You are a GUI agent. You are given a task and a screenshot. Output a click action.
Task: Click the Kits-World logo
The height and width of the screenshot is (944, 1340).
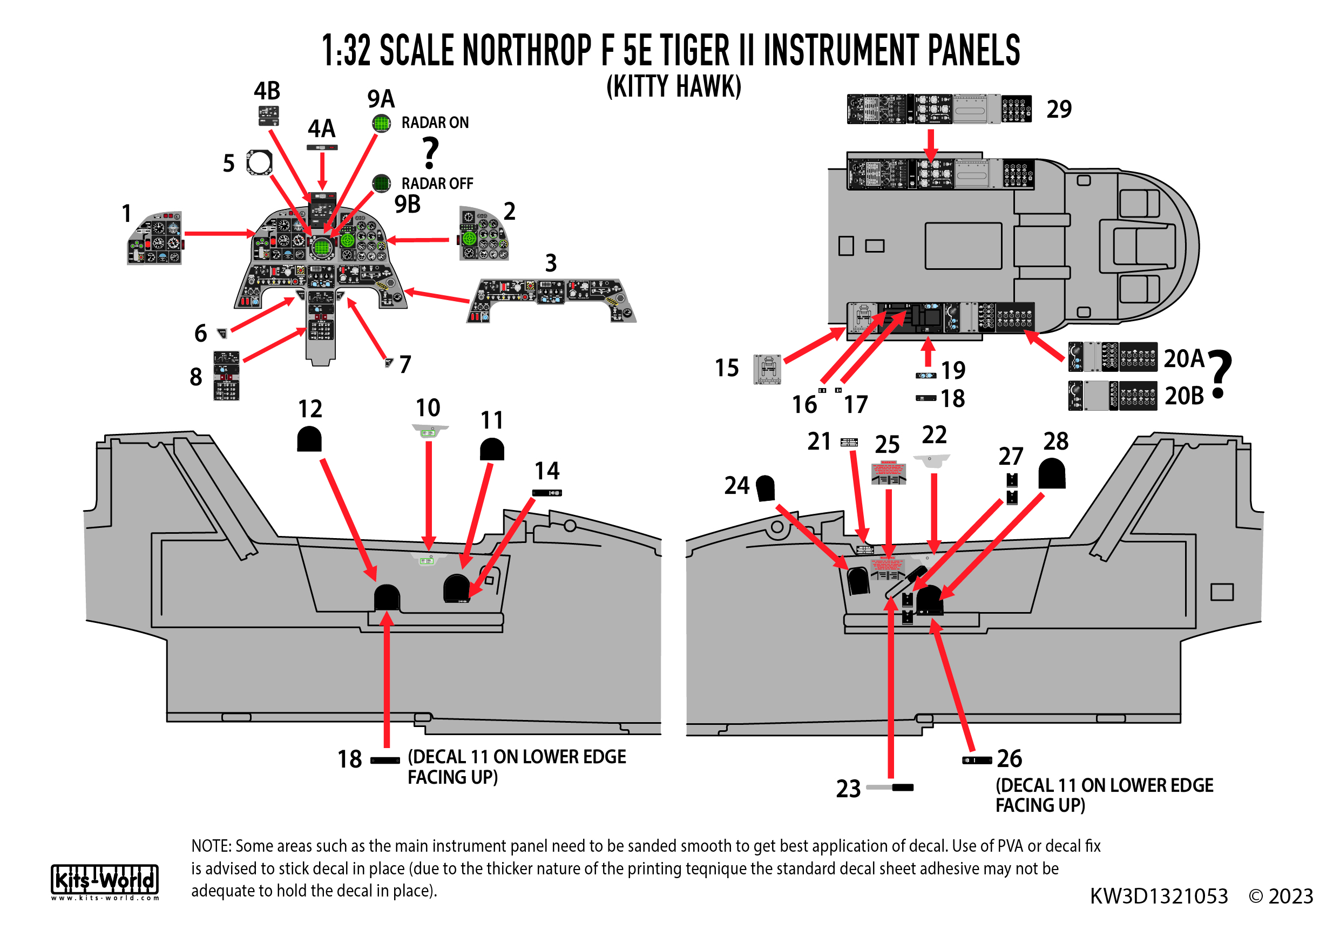click(x=105, y=881)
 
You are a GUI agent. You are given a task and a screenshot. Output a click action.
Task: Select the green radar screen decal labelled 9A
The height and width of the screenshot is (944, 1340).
click(x=381, y=123)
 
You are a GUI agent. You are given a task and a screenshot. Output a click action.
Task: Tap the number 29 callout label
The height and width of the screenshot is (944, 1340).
click(x=1059, y=109)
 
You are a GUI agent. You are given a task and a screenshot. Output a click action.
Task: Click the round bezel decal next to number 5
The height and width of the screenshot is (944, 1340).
click(x=259, y=162)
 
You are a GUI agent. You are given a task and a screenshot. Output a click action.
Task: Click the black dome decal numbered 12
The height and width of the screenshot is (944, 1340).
click(x=309, y=439)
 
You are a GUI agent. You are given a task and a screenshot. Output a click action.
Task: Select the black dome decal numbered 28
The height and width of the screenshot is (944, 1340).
click(x=1052, y=473)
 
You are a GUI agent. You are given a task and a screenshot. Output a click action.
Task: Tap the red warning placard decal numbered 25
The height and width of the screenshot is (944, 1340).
click(x=888, y=473)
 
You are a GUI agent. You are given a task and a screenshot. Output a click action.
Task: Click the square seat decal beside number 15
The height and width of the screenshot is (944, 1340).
click(x=767, y=369)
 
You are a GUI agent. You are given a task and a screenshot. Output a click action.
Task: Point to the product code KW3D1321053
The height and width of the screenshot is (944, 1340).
click(x=1159, y=896)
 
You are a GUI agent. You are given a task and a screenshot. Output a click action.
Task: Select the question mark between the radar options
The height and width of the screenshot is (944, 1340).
click(x=430, y=153)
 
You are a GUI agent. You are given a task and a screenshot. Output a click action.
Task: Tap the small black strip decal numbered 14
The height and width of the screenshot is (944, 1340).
click(x=547, y=493)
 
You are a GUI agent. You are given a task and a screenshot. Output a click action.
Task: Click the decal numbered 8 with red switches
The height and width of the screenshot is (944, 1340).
click(x=226, y=375)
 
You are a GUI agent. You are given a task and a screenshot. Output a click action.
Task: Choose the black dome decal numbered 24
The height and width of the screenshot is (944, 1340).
click(x=765, y=488)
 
